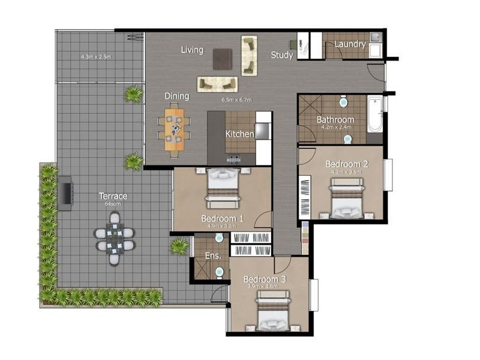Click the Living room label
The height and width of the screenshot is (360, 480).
(x=192, y=50)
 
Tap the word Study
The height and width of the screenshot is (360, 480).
(x=282, y=55)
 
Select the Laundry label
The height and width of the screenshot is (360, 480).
(x=350, y=44)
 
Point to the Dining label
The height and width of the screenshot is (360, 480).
(x=177, y=96)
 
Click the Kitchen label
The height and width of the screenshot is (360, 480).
(x=239, y=134)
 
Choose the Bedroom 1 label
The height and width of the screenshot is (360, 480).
(x=222, y=218)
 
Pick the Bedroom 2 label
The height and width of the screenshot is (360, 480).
(x=346, y=164)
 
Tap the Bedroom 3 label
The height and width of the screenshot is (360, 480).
(x=265, y=280)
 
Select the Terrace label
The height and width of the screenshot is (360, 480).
(x=113, y=196)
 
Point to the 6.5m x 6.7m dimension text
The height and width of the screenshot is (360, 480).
(x=236, y=100)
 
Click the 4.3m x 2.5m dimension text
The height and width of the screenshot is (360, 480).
(x=97, y=57)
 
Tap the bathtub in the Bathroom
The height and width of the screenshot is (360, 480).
(x=374, y=114)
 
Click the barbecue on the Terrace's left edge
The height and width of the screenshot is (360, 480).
(x=66, y=193)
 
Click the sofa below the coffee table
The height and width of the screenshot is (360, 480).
(x=218, y=84)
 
